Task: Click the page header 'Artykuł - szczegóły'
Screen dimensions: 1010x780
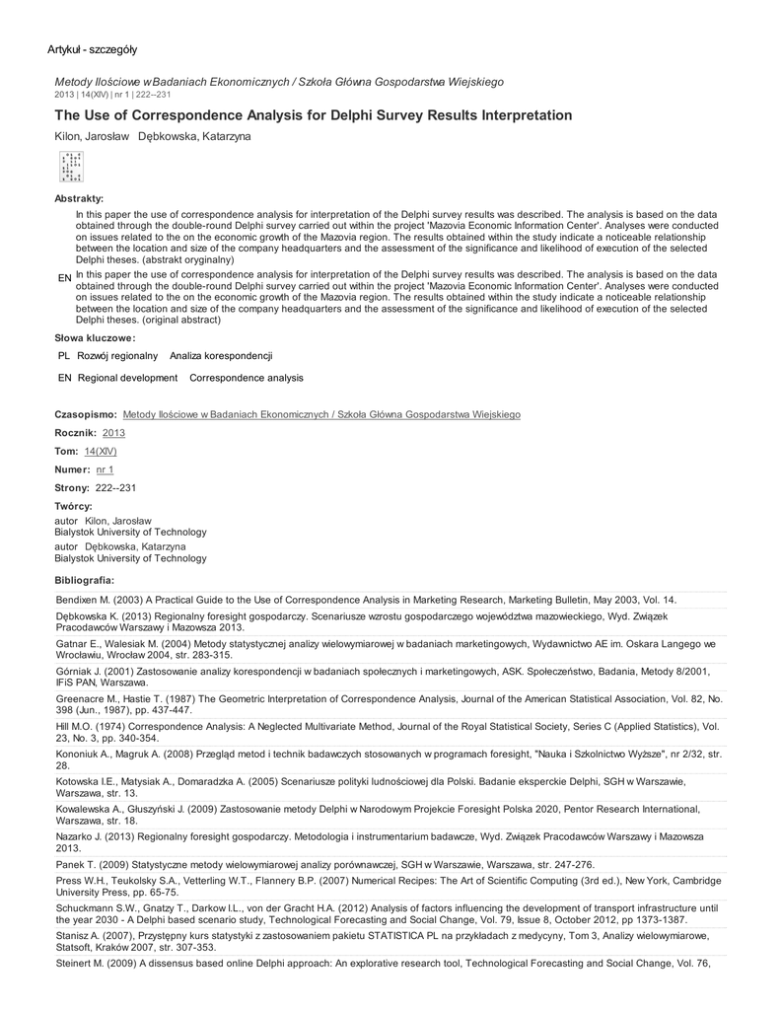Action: [93, 49]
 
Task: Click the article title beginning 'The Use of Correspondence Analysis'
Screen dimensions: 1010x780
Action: [313, 115]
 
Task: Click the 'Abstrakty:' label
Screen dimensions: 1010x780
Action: [79, 199]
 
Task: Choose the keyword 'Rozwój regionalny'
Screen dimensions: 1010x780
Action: [117, 355]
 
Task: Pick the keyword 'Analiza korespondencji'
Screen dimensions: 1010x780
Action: [221, 355]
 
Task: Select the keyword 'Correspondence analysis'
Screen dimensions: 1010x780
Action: [247, 378]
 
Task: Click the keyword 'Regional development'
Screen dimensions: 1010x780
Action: [127, 378]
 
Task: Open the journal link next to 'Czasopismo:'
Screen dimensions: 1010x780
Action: [321, 415]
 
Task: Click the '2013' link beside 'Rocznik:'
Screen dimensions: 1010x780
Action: [113, 433]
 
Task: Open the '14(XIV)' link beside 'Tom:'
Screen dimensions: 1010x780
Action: [101, 451]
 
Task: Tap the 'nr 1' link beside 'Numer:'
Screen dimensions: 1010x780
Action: [105, 469]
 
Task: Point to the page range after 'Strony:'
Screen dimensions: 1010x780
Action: [115, 488]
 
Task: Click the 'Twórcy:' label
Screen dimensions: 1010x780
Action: [73, 506]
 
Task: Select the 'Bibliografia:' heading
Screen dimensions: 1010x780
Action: [84, 579]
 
